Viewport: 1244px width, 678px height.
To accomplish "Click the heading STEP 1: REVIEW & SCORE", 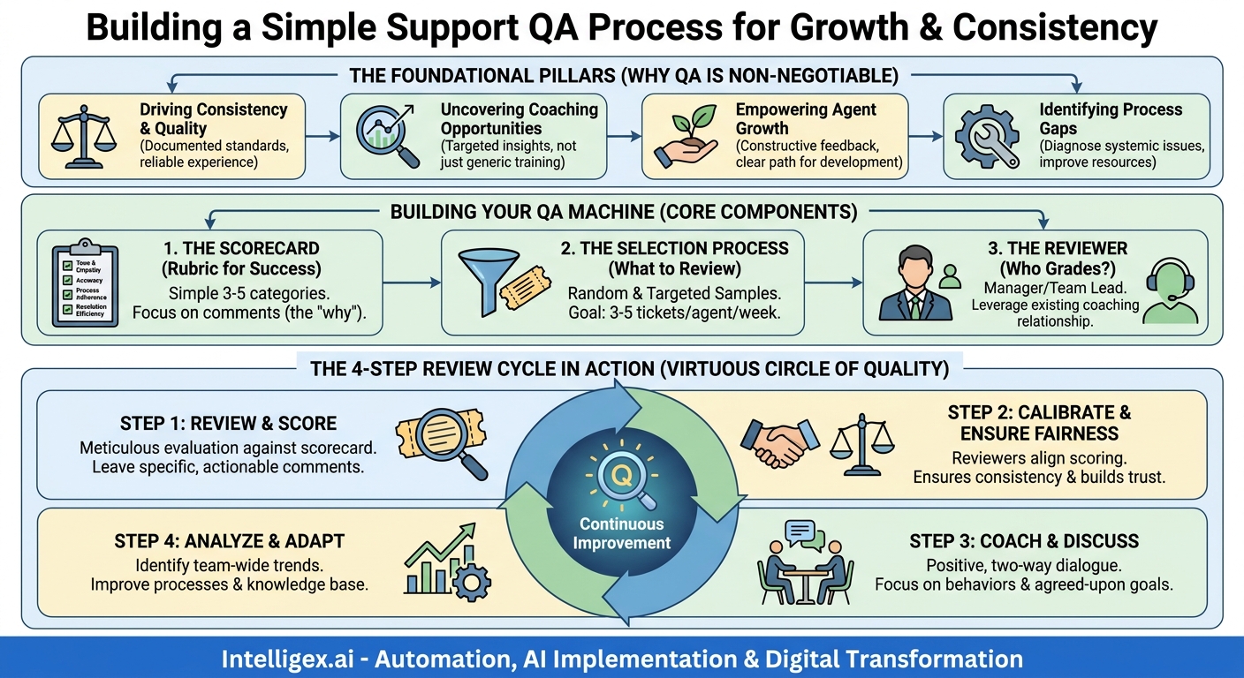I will pos(228,423).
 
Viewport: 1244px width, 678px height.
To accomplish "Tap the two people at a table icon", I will pos(804,566).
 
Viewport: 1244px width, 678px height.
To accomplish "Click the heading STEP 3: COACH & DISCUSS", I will pos(1024,541).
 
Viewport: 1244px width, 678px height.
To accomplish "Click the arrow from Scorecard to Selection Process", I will pos(412,282).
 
